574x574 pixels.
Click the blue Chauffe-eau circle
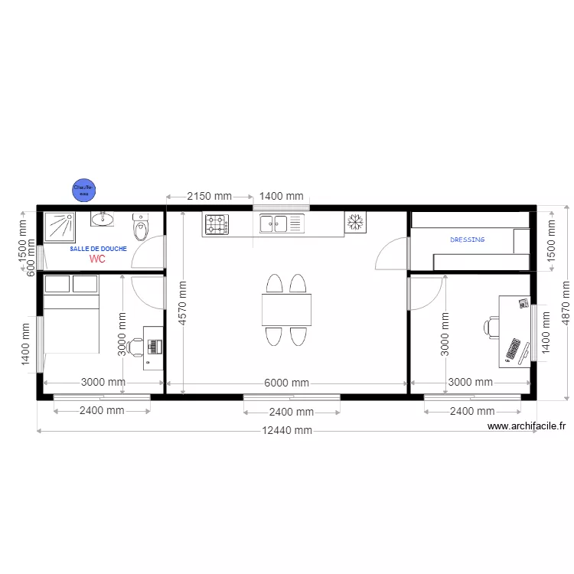83,189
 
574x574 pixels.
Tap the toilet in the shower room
140,227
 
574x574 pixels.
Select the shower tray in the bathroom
59,227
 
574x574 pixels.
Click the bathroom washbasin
103,220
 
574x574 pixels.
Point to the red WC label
97,259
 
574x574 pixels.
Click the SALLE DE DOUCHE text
98,249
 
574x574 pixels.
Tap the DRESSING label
467,240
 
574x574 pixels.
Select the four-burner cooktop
217,223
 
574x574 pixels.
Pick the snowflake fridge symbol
354,223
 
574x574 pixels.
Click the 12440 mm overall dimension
287,430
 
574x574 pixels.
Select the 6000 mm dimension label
287,383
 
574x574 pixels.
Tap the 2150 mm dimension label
210,197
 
